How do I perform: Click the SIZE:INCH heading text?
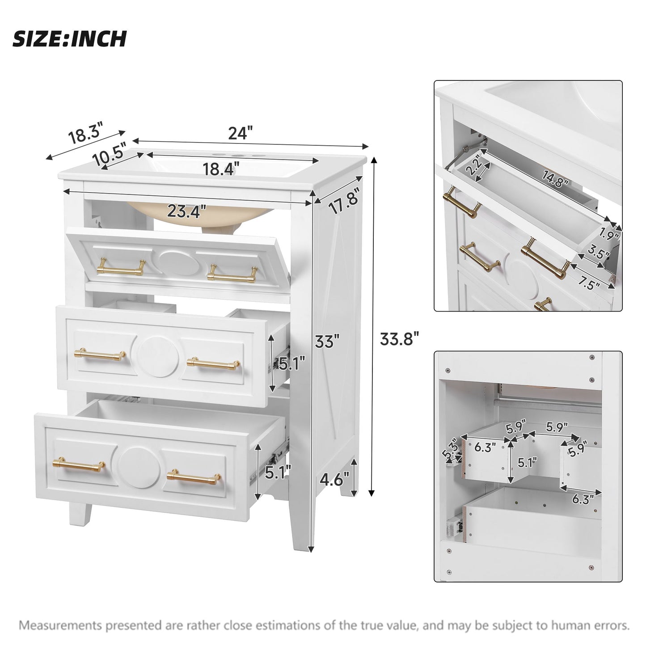click(69, 39)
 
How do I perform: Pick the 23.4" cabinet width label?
click(186, 210)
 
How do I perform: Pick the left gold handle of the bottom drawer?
click(79, 465)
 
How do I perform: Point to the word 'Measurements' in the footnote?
click(60, 625)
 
